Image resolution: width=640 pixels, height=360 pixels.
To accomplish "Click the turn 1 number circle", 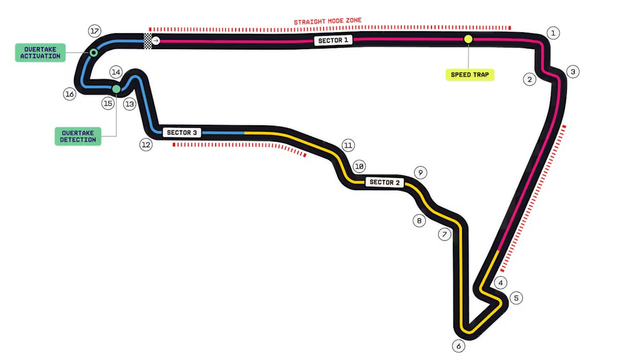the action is [x=553, y=33].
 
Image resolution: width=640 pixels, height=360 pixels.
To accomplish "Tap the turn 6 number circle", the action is [x=459, y=346].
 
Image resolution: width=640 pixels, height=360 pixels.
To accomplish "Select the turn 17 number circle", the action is [x=95, y=31].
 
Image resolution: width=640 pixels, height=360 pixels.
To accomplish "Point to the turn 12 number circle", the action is [x=146, y=145].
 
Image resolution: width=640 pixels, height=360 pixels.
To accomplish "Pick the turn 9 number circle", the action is [x=421, y=172].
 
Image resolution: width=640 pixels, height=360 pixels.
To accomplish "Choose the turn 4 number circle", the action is [x=500, y=283].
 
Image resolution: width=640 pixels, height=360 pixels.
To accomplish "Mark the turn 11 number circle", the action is [x=348, y=145].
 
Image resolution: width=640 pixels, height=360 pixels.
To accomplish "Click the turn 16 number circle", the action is [x=70, y=94].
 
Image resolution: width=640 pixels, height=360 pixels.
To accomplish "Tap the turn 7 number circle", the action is [x=445, y=234].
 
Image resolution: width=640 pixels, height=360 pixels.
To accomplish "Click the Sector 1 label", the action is [x=333, y=40].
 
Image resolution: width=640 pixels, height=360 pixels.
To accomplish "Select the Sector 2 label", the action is [x=384, y=182].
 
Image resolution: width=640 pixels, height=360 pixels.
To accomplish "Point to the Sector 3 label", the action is [x=181, y=132].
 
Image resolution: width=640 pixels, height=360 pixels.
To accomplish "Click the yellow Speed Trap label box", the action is [x=470, y=75].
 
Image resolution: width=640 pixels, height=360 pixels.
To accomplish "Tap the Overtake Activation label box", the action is [x=40, y=53].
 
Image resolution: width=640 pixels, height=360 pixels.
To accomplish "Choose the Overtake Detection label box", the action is [x=78, y=137].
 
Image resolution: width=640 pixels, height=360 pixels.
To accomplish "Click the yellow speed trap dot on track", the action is [x=468, y=39].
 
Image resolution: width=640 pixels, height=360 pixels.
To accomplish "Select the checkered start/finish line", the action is [x=147, y=41].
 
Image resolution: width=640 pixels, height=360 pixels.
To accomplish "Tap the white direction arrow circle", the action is [x=156, y=41].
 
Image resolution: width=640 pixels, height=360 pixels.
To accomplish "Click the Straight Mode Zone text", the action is [x=328, y=21].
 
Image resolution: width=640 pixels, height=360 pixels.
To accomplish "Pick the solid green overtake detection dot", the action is [x=116, y=89].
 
